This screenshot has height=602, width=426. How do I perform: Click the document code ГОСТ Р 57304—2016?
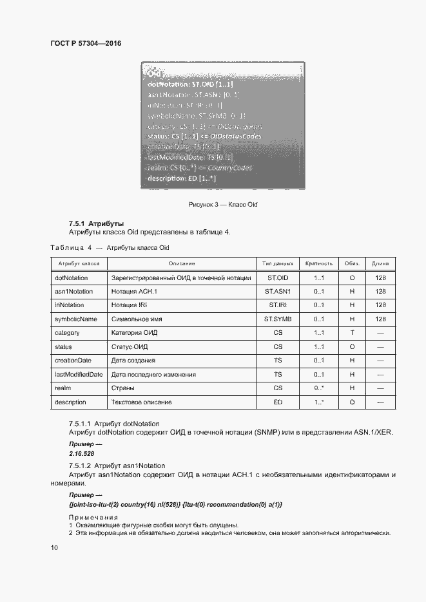pos(86,44)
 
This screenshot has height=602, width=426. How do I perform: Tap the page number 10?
pos(54,547)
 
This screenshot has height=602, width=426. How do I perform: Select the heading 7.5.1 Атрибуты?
pos(96,223)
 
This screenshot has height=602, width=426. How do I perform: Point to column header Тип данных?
pos(278,263)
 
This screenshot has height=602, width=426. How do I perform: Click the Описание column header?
pos(182,263)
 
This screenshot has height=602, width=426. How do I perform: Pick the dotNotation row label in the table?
pos(72,277)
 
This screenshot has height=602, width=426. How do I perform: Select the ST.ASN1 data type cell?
pos(278,291)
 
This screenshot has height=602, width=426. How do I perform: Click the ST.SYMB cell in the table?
pos(278,319)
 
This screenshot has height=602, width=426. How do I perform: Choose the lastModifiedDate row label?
pos(79,374)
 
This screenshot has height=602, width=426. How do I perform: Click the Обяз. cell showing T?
pos(352,333)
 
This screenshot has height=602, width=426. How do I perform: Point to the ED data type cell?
pos(278,402)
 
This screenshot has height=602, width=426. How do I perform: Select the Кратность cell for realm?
pos(318,388)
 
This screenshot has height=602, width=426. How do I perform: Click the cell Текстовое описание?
pos(142,402)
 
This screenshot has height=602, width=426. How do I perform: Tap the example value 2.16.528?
pos(81,453)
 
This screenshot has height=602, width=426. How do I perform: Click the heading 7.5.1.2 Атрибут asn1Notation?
pos(117,466)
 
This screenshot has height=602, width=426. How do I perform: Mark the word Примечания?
pos(93,518)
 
